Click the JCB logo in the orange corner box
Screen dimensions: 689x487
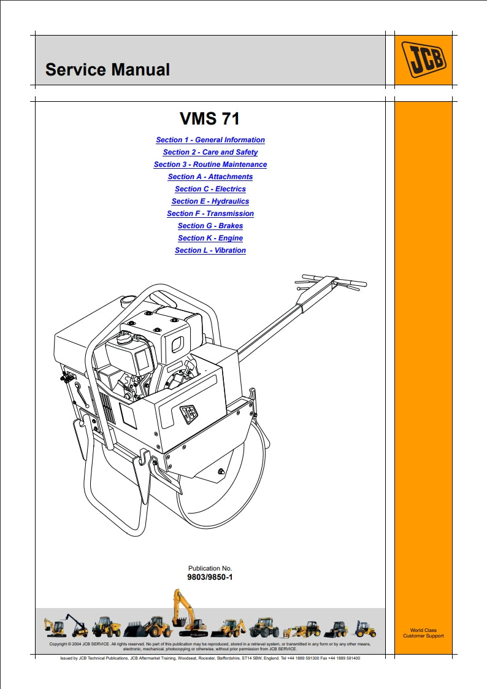tap(423, 59)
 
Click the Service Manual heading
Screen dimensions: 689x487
tap(107, 70)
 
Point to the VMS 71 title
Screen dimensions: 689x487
tap(210, 118)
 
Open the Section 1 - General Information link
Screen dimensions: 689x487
tap(210, 140)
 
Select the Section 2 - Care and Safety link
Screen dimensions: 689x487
tap(210, 152)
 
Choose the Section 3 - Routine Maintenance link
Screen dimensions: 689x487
tap(210, 164)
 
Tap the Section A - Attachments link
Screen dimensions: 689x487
tap(210, 177)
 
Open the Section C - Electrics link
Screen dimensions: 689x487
tap(210, 189)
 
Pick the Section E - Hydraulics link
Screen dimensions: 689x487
tap(210, 201)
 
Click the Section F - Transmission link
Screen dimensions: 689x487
tap(210, 214)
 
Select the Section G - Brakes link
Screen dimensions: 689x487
tap(210, 226)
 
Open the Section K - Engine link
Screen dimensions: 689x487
tap(210, 238)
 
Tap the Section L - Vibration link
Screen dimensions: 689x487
tap(210, 250)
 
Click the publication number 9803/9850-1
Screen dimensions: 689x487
tap(210, 577)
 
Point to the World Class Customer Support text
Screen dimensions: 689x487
tap(423, 633)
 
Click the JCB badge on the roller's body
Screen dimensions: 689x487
tap(188, 415)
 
